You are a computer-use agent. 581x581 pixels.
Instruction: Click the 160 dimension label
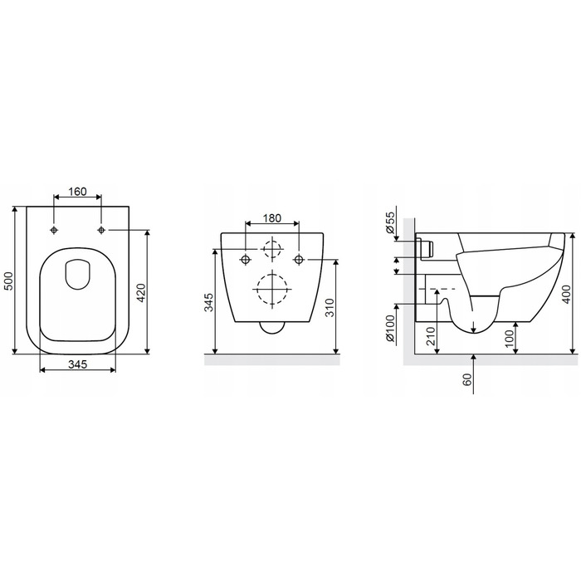click(78, 192)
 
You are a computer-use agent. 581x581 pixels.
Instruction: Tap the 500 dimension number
click(8, 281)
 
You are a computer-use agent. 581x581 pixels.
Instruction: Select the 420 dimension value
click(142, 292)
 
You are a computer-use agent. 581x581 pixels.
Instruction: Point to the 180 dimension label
click(272, 218)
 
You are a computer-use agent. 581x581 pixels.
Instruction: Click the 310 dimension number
click(330, 308)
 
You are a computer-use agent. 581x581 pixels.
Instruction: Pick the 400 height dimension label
click(566, 295)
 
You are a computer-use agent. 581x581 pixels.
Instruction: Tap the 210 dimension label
click(431, 336)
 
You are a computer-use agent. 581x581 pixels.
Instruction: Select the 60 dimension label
click(467, 379)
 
